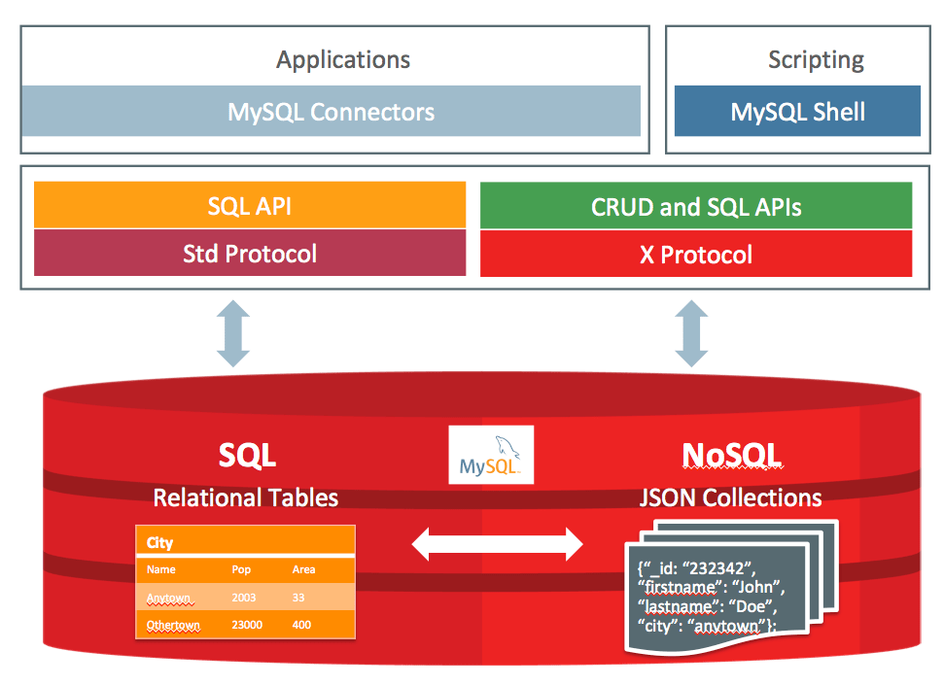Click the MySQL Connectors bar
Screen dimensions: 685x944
pos(331,111)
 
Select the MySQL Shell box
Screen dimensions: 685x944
pos(797,111)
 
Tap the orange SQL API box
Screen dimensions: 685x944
pos(250,205)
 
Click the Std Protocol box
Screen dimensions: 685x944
pos(250,254)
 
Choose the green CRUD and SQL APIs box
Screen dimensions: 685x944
pos(696,205)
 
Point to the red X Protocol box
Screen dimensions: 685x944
pos(696,255)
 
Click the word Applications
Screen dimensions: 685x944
pos(343,59)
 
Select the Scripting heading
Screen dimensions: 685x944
pos(816,59)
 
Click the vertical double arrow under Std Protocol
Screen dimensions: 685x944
pos(233,332)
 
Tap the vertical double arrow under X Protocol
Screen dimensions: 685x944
pos(691,332)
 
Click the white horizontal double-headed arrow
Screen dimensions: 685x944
pos(497,544)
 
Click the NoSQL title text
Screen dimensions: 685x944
pos(731,455)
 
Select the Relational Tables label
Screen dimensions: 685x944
pos(246,497)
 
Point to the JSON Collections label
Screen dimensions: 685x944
pos(730,497)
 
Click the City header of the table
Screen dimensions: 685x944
pos(160,541)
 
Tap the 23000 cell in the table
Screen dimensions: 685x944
pos(247,625)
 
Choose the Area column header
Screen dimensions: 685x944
pos(303,569)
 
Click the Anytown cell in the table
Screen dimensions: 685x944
pos(169,598)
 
